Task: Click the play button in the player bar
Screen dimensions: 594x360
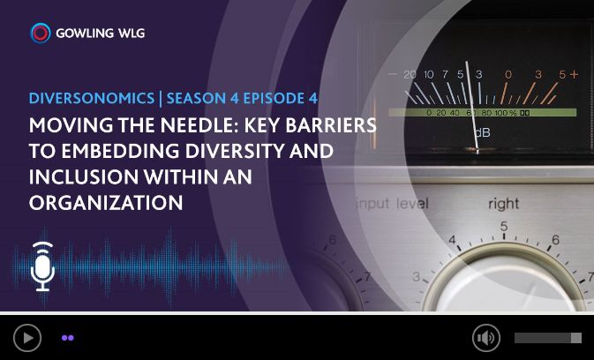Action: tap(27, 338)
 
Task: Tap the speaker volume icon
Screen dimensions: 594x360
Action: tap(486, 338)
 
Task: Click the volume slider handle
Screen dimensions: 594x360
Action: tap(576, 338)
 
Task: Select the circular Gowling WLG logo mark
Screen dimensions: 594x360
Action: tap(40, 33)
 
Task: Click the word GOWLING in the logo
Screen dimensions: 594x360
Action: tap(85, 34)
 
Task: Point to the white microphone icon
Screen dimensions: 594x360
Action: tap(42, 266)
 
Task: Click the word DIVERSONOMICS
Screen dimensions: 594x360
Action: tap(92, 98)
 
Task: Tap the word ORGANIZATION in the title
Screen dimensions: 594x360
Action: tap(106, 202)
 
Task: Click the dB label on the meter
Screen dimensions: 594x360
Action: tap(482, 132)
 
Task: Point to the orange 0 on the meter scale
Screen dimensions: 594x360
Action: tap(508, 75)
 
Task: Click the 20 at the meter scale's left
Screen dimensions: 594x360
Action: tap(410, 75)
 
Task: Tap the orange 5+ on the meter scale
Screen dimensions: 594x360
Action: tap(568, 75)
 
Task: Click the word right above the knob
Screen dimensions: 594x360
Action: tap(503, 205)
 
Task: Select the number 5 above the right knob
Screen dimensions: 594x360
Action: tap(503, 227)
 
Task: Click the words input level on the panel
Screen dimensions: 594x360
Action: tap(393, 204)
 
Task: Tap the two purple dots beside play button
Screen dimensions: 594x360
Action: tap(68, 338)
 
